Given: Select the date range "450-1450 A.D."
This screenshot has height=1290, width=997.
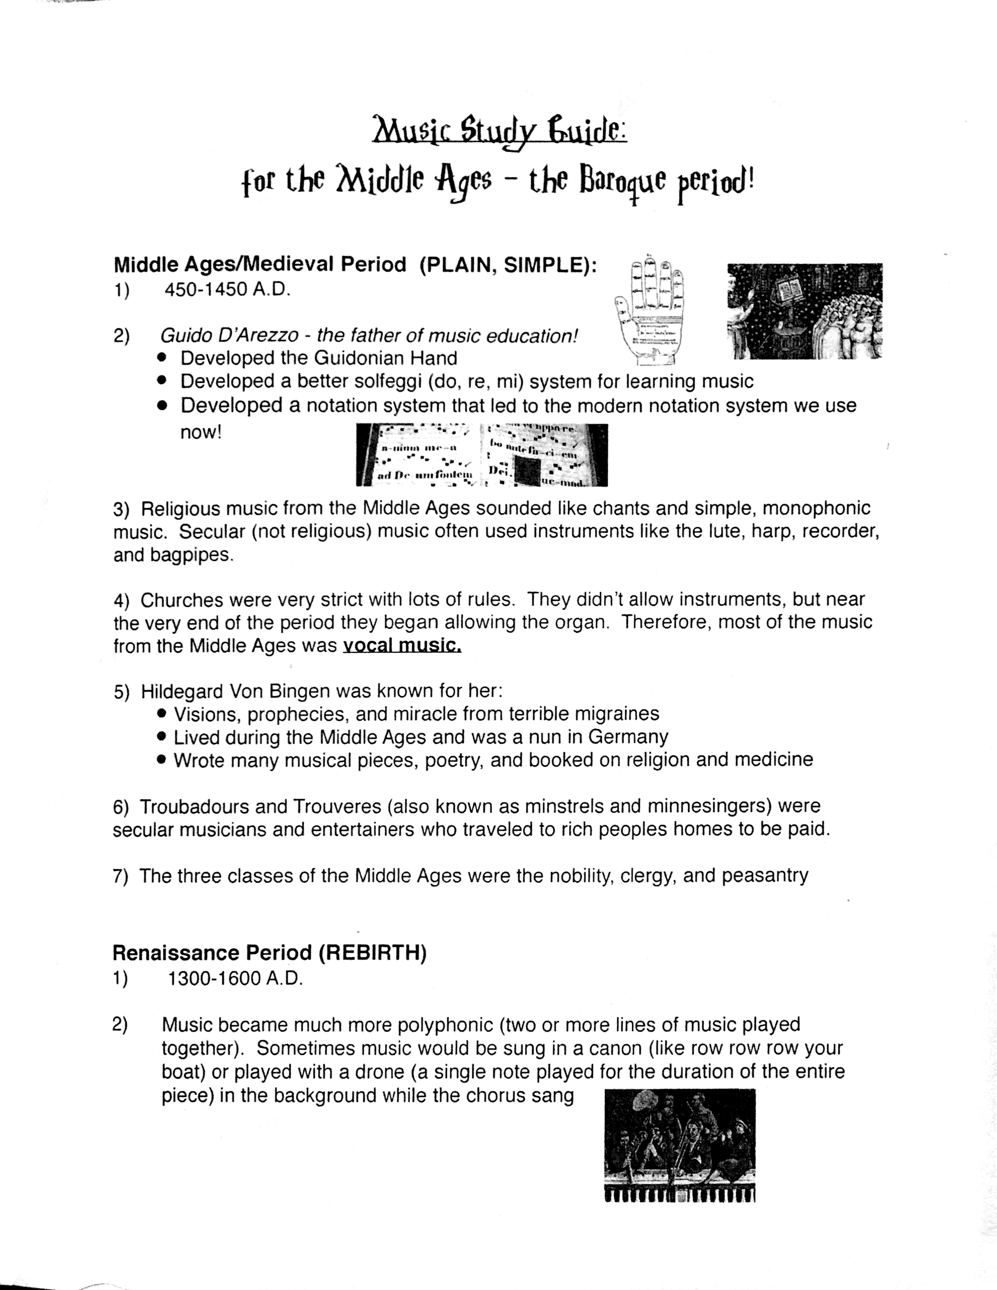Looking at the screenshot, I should click(x=227, y=290).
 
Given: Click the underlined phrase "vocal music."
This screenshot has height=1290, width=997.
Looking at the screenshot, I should click(x=402, y=645).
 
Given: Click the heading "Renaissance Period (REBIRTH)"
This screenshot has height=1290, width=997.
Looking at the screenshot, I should click(x=269, y=953).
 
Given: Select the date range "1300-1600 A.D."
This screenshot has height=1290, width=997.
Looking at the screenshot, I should click(x=235, y=979).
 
